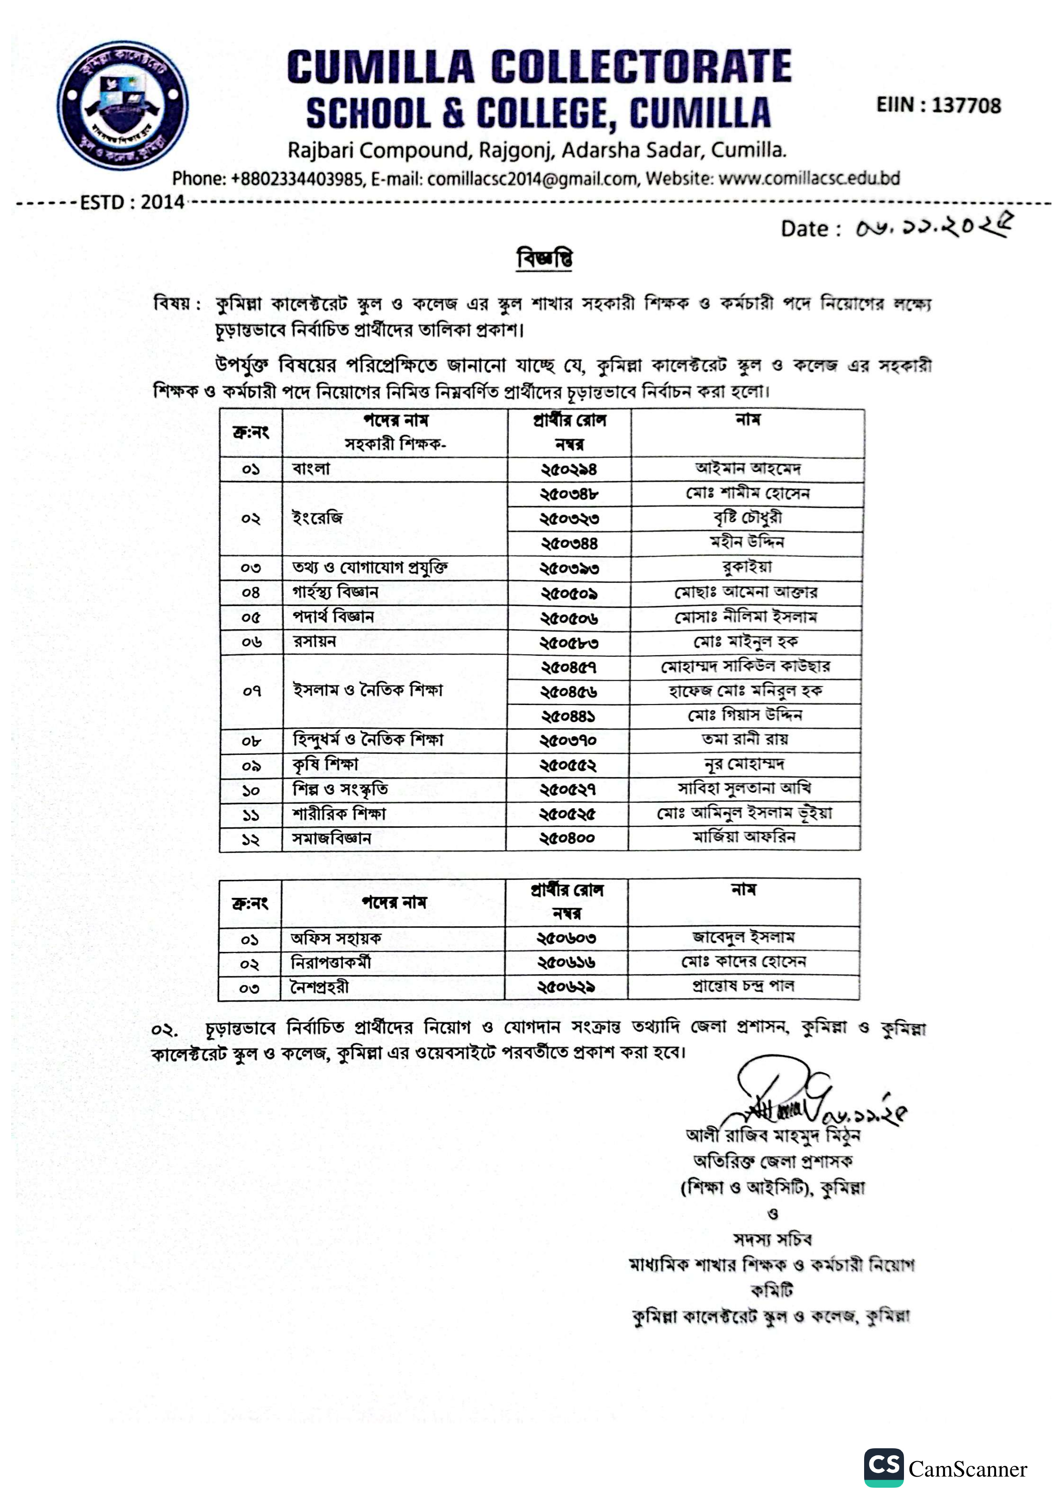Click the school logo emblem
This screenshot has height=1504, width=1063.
(x=123, y=105)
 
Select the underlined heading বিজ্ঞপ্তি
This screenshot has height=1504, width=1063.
(x=544, y=258)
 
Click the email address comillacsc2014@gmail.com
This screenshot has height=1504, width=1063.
(x=532, y=179)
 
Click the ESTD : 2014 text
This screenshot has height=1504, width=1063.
(x=132, y=202)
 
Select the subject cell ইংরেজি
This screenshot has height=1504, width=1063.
(x=317, y=519)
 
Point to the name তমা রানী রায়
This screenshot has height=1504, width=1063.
(x=745, y=739)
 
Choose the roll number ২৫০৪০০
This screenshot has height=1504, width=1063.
(x=567, y=838)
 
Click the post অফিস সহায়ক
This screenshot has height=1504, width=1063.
(x=336, y=939)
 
